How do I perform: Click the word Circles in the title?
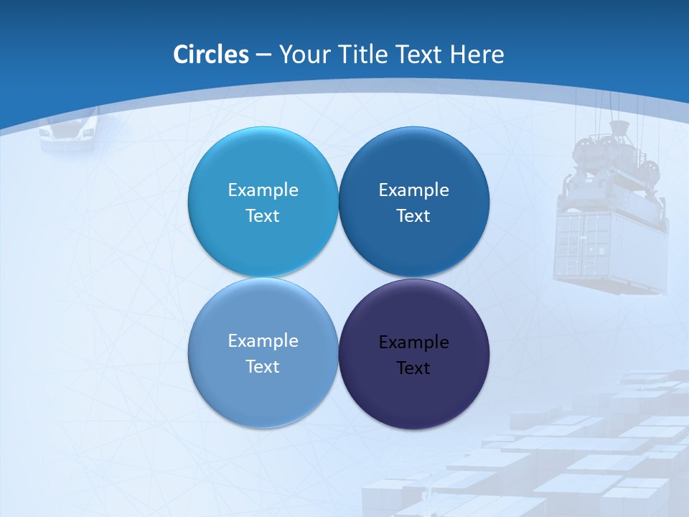[x=210, y=55]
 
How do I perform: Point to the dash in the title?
[x=263, y=55]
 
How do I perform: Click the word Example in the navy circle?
[x=413, y=343]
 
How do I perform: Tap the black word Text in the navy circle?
[x=413, y=368]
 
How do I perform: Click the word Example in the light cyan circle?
[x=263, y=190]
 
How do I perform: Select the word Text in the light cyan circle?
[x=263, y=216]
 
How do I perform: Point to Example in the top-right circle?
[x=413, y=190]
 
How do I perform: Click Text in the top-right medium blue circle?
[x=413, y=216]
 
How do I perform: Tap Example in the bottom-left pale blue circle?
[x=263, y=341]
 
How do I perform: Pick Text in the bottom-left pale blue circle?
[x=263, y=367]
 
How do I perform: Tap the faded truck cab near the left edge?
[x=69, y=130]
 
